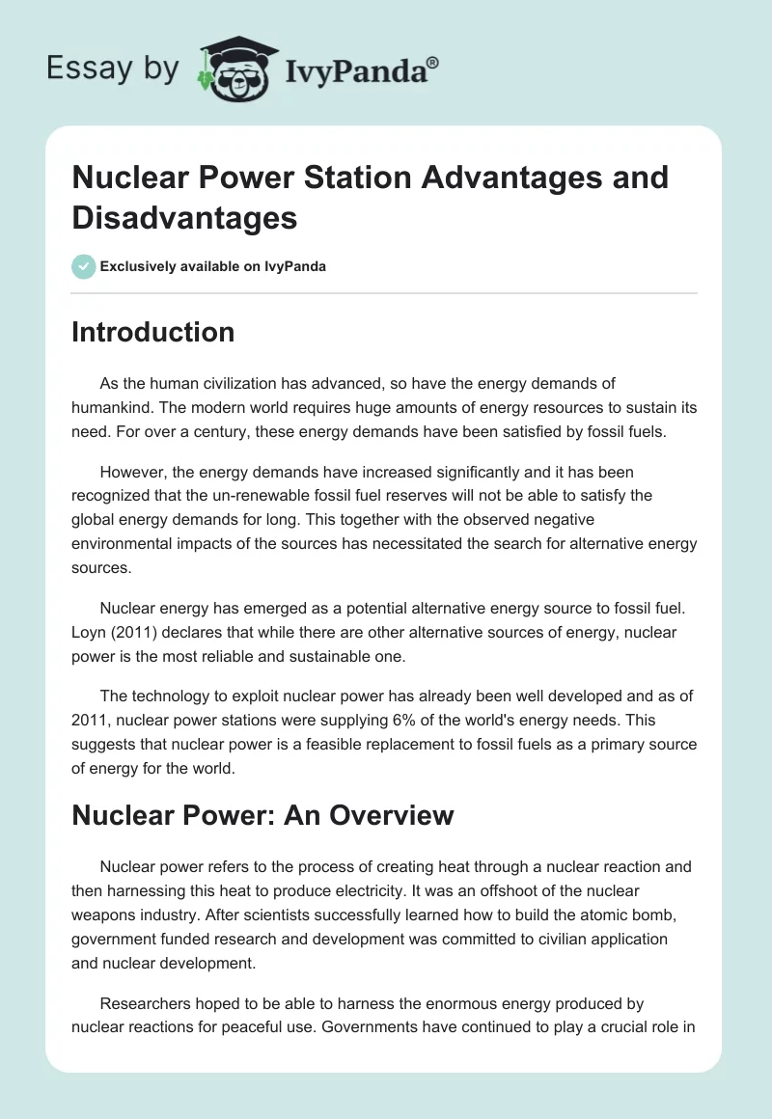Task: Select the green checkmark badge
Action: click(x=84, y=266)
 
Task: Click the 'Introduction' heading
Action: click(x=153, y=332)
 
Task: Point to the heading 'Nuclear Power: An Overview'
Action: click(x=262, y=814)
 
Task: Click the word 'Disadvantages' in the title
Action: click(x=185, y=218)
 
